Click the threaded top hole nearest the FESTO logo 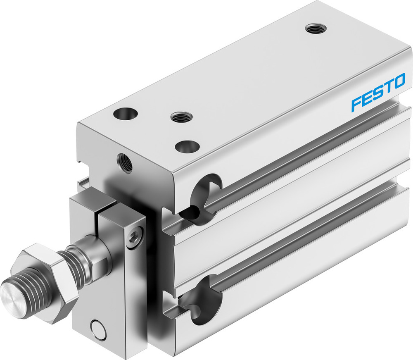(x=316, y=29)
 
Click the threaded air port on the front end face (x=125, y=162)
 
